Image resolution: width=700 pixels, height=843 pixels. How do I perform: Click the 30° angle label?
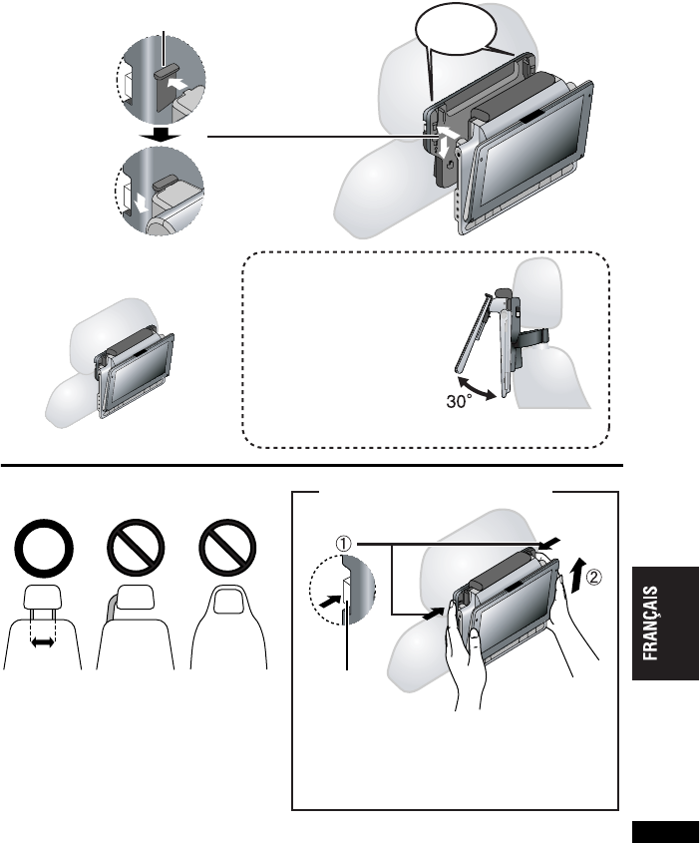point(459,402)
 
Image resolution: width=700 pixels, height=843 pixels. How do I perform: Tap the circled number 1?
point(344,544)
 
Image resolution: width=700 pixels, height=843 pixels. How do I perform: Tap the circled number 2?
point(593,577)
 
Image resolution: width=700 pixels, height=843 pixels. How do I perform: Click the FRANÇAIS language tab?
point(665,624)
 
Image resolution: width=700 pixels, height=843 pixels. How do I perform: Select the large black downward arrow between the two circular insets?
point(160,135)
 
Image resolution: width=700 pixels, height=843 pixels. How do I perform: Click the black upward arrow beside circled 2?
point(576,576)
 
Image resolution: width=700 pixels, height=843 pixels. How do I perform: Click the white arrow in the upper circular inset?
point(177,83)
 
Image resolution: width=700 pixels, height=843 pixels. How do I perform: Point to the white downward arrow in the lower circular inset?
point(142,203)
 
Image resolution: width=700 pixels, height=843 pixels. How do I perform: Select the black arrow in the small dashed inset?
point(330,601)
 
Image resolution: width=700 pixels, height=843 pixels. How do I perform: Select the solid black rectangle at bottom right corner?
point(665,832)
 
